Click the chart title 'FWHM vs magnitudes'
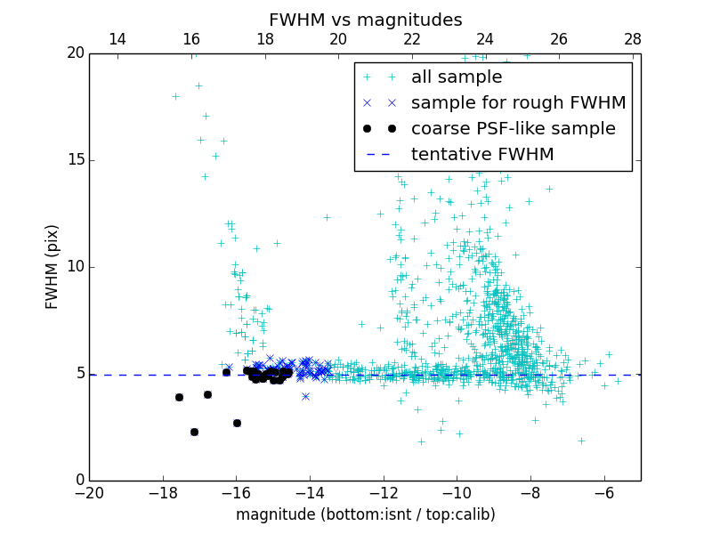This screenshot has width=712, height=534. point(365,20)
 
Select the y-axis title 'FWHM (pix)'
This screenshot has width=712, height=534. point(53,267)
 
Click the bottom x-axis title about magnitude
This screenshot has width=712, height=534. point(365,514)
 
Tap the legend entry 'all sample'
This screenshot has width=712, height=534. point(456,77)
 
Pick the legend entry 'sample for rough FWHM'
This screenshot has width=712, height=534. point(518,103)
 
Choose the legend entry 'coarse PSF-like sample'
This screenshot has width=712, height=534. point(513,129)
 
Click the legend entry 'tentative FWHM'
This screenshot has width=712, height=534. point(481,155)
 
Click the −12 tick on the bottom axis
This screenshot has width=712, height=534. point(384,493)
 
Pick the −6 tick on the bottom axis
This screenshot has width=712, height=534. point(604,493)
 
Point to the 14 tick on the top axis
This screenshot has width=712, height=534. point(117,39)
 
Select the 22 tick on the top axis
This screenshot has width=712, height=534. point(411,39)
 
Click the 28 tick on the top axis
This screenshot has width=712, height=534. point(633,39)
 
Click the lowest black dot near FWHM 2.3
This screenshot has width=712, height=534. point(194,432)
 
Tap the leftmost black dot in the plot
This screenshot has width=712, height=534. point(179,397)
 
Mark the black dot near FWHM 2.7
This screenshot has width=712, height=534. point(237,423)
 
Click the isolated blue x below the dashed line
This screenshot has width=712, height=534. point(305,396)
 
